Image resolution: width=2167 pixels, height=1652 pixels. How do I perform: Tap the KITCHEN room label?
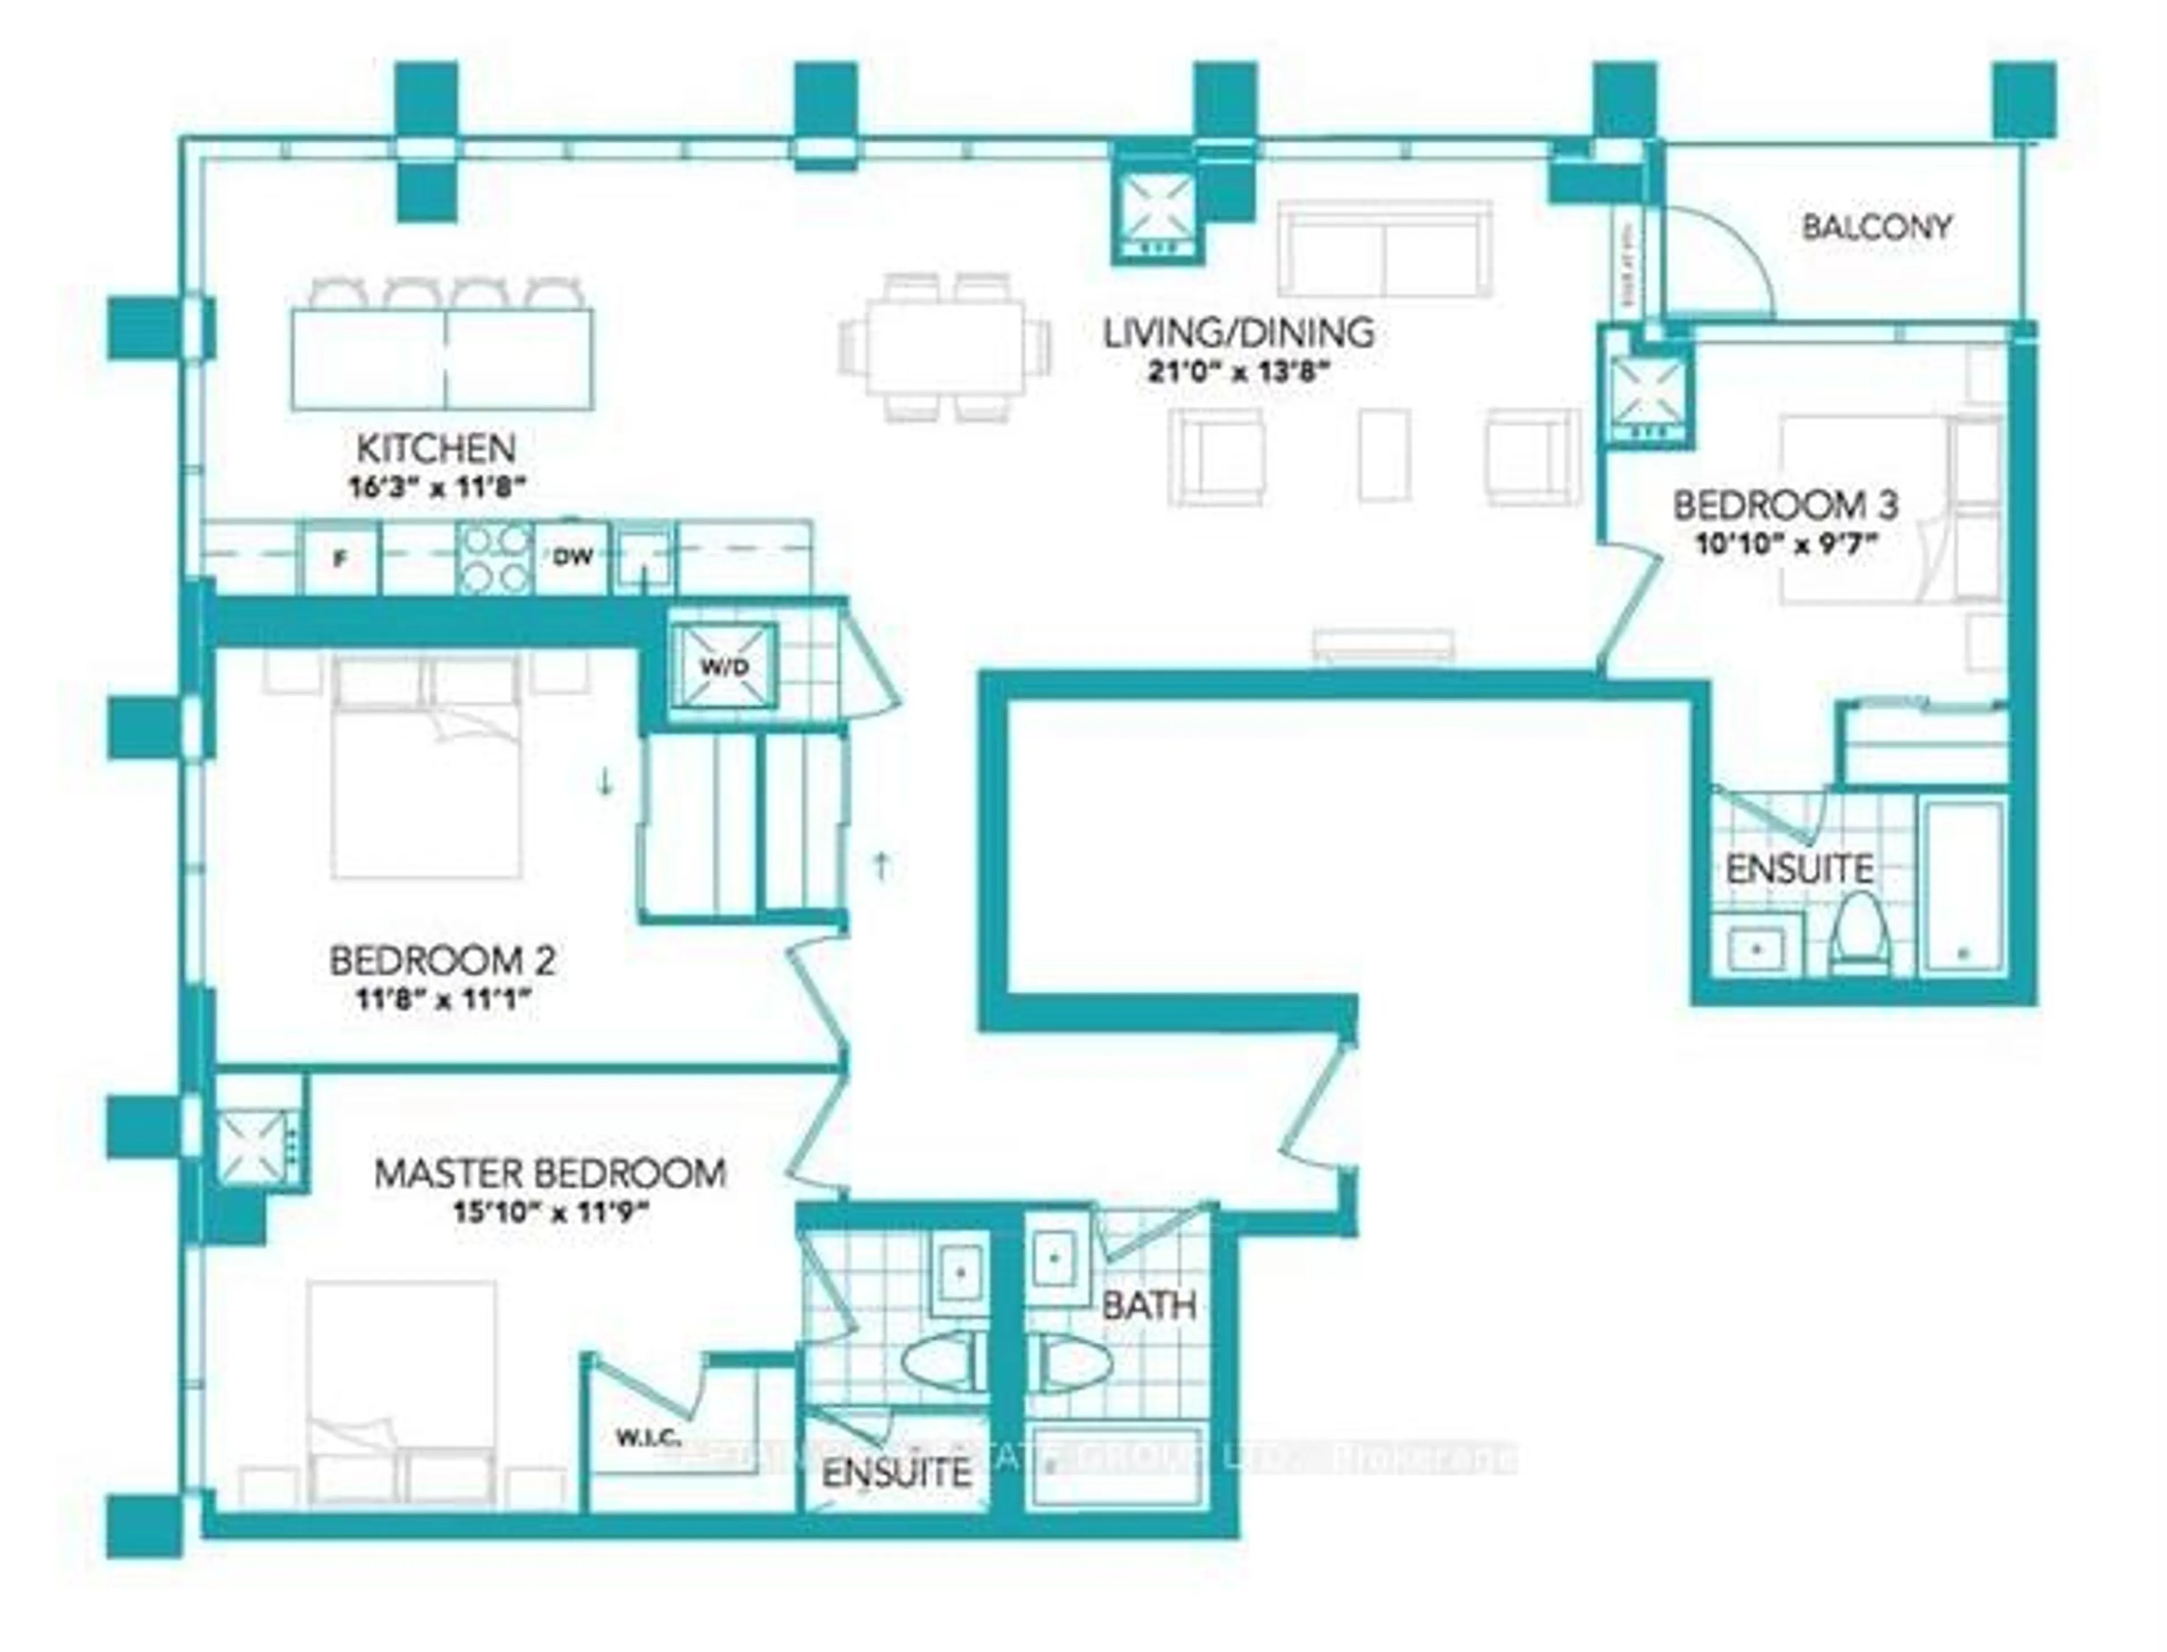[436, 448]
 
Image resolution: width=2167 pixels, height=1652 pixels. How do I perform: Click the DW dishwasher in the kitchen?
[572, 558]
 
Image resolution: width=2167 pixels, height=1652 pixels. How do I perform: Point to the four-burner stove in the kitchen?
[496, 558]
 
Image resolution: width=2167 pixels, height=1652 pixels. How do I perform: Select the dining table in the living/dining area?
[944, 347]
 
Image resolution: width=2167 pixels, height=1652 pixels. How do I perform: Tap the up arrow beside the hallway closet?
[883, 865]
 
